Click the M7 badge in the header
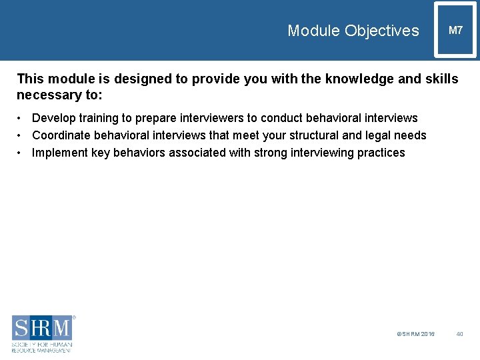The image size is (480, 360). point(455,31)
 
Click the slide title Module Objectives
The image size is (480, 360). point(353,31)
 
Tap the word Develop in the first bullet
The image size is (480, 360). point(53,118)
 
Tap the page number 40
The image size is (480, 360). point(459,334)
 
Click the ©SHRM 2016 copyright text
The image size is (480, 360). point(415,334)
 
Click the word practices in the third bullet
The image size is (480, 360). point(379,153)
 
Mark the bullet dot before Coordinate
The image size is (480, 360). point(21,135)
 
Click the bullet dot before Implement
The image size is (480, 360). point(21,153)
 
